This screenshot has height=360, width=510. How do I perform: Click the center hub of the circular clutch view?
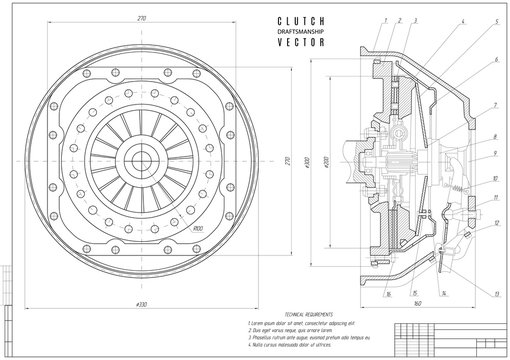(x=140, y=161)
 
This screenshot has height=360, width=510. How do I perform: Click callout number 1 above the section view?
(x=385, y=19)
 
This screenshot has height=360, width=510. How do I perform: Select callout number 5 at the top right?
(x=496, y=20)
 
